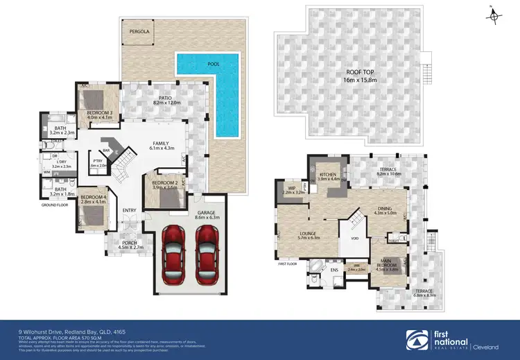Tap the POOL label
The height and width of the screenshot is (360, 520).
click(x=213, y=65)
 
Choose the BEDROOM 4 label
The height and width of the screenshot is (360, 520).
click(x=94, y=197)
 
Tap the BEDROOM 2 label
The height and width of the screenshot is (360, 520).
click(x=165, y=183)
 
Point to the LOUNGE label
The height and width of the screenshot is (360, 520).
click(x=308, y=234)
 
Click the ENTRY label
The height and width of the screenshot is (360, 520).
click(x=129, y=211)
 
